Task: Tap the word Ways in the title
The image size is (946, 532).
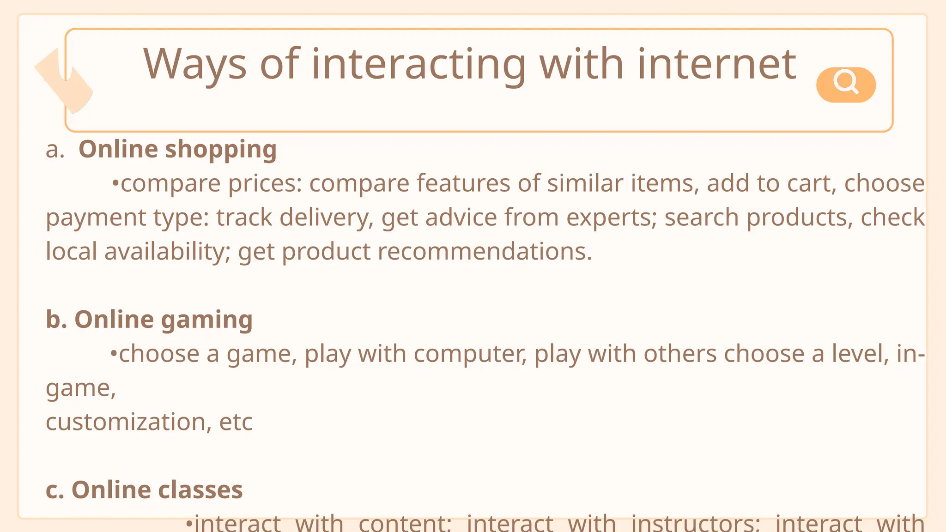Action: pos(194,64)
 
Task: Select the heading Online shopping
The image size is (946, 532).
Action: pos(177,150)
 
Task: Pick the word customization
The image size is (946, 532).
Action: pos(126,422)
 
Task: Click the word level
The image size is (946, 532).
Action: pos(860,354)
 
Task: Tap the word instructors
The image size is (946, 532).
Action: pos(695,524)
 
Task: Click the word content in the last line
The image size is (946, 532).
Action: pos(405,524)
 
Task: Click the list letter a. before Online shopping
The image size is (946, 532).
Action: pos(55,150)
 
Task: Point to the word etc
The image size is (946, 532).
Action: pos(236,422)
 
